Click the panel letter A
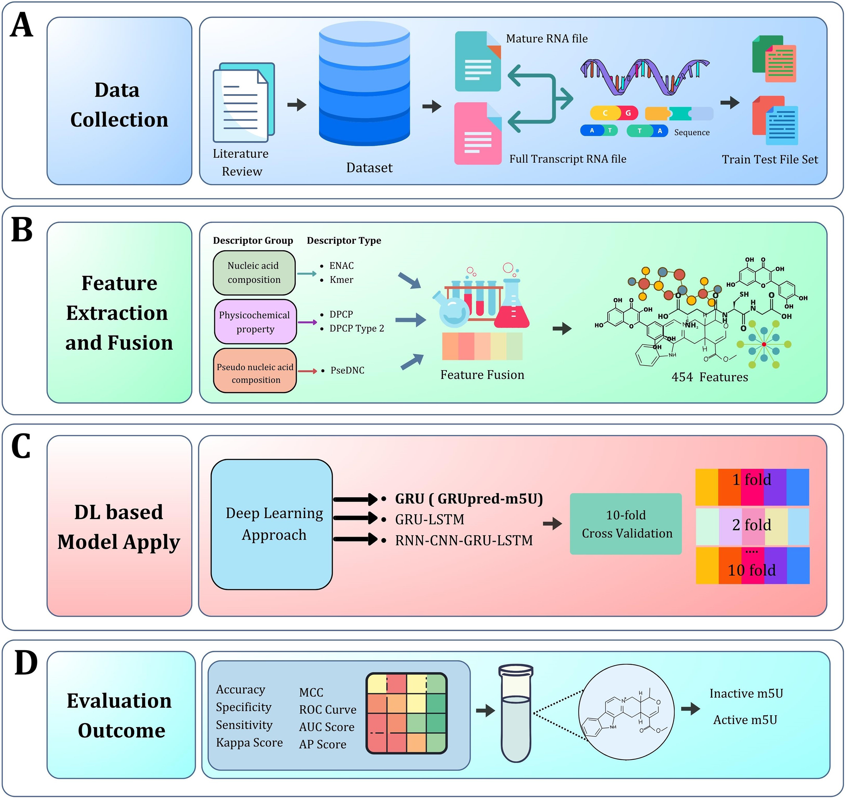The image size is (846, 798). pos(22,25)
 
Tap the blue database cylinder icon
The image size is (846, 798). pos(364,83)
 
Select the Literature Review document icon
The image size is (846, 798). pos(244,102)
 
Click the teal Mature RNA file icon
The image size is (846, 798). pos(478,61)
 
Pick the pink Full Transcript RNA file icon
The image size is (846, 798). pos(478,134)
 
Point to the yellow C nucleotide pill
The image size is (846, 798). pos(604,113)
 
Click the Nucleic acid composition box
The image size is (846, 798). pos(254,273)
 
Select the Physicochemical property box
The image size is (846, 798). pos(255,322)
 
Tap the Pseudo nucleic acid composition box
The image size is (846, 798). pos(255,370)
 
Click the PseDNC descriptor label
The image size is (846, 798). pos(347,370)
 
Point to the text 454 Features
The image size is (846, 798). pos(709,377)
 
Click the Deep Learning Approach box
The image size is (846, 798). pos(272,525)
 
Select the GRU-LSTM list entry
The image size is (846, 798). pos(429,520)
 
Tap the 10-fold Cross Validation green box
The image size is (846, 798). pos(626,524)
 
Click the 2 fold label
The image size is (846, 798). pos(751,525)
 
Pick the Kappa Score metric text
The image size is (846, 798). pos(250,743)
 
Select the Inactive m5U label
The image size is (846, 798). pos(746,694)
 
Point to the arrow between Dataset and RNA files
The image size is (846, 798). pos(432,106)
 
